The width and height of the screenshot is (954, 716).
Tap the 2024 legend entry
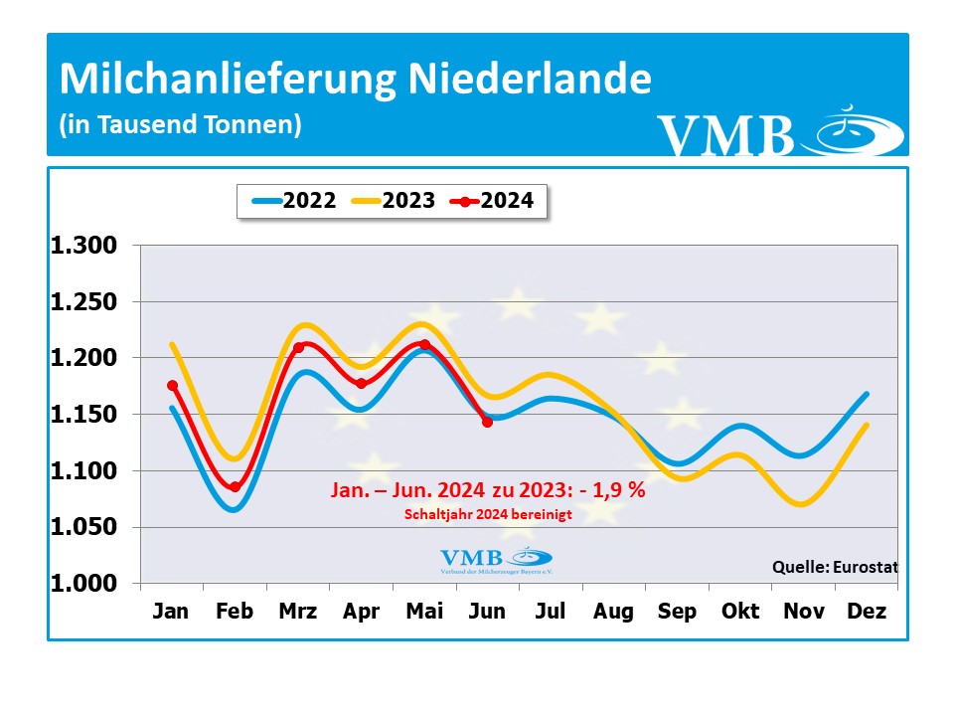tap(492, 201)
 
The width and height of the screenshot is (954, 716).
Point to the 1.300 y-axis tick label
tap(83, 246)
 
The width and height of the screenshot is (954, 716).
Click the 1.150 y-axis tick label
tap(83, 415)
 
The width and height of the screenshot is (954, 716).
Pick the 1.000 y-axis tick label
tap(83, 584)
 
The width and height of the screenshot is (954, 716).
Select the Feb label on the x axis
tap(235, 612)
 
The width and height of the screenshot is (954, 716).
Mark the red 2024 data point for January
tap(172, 386)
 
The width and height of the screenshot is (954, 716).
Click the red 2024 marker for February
tap(235, 487)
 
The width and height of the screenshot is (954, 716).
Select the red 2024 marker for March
tap(298, 347)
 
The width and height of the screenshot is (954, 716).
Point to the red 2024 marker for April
tap(361, 383)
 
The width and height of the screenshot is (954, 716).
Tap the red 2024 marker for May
tap(424, 344)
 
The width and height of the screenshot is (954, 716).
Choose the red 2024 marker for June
tap(487, 423)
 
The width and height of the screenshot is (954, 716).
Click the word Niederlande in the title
tap(528, 80)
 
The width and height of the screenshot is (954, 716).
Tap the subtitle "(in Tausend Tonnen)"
tap(180, 125)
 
